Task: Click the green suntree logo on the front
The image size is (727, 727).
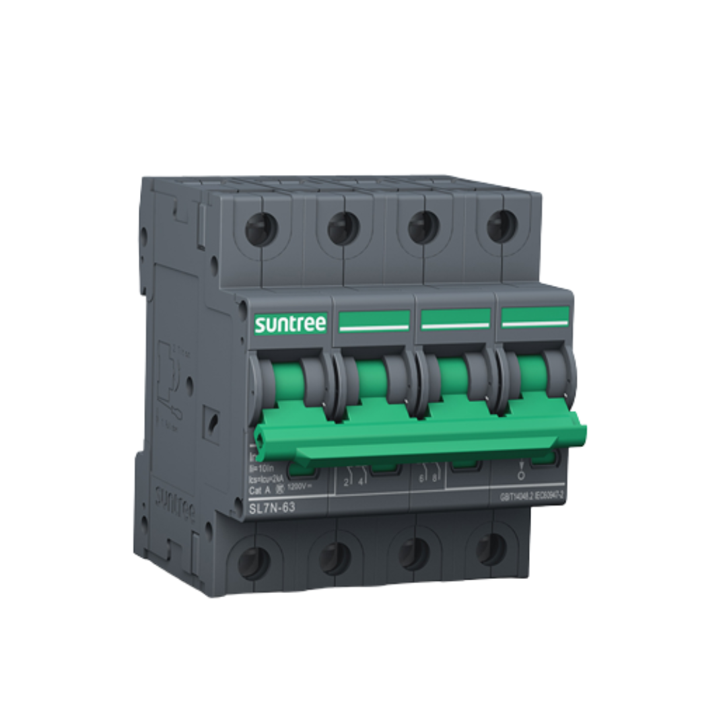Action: point(290,324)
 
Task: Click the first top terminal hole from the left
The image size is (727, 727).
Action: point(261,230)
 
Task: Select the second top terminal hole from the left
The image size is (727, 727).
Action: point(343,229)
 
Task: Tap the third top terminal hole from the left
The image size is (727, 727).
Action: point(423,227)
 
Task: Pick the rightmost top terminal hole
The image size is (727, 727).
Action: point(501,226)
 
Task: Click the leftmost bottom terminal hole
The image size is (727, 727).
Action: point(254,563)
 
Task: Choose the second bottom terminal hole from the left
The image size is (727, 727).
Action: point(335,558)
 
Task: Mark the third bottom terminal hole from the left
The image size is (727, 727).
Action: point(414,553)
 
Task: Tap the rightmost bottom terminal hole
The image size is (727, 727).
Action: point(491,549)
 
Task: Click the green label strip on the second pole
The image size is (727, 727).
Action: point(374,321)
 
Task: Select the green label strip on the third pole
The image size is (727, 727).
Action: point(456,318)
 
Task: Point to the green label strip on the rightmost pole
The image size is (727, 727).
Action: point(535,316)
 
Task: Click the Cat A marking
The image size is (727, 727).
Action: point(259,491)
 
